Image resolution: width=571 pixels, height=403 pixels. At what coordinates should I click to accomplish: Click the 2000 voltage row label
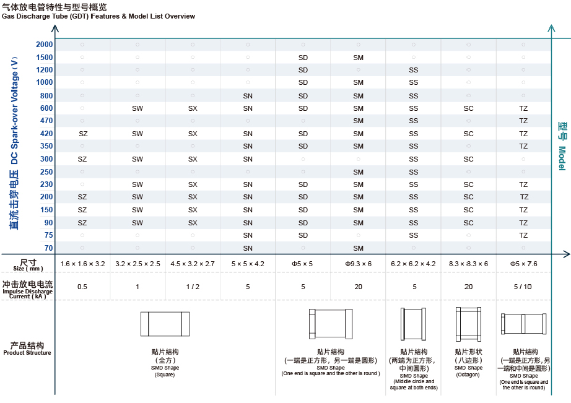(45, 45)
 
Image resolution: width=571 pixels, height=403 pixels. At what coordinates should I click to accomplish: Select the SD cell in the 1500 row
(303, 58)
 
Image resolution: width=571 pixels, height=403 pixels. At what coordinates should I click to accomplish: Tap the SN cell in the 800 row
(248, 96)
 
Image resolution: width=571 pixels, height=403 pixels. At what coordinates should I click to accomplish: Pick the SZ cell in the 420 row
(82, 134)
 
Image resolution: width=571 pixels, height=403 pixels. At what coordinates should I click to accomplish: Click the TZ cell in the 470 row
(523, 121)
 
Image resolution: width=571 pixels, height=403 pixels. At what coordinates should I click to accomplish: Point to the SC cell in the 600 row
(468, 108)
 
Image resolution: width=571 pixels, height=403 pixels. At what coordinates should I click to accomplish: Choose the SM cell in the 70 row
(358, 248)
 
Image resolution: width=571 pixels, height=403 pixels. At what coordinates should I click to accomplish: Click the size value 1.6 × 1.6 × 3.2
(82, 264)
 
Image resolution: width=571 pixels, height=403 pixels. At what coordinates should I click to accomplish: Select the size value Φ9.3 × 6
(358, 264)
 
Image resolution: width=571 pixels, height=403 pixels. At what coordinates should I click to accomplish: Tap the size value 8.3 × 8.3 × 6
(468, 264)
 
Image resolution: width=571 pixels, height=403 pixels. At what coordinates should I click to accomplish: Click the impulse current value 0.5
(82, 287)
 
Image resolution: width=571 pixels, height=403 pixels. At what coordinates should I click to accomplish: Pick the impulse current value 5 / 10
(523, 287)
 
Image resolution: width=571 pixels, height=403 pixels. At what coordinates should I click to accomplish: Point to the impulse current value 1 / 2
(193, 287)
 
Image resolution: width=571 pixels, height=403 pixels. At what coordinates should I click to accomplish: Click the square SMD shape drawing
(165, 324)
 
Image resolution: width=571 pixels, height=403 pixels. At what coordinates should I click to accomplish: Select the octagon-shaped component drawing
(468, 324)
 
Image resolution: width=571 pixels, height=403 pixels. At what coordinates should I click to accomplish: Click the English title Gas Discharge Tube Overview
(98, 16)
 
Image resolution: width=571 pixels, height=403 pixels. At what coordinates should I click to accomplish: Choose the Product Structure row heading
(27, 348)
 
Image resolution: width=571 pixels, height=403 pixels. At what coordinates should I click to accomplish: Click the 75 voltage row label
(48, 235)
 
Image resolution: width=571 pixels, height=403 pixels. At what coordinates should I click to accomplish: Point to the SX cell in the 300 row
(193, 159)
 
